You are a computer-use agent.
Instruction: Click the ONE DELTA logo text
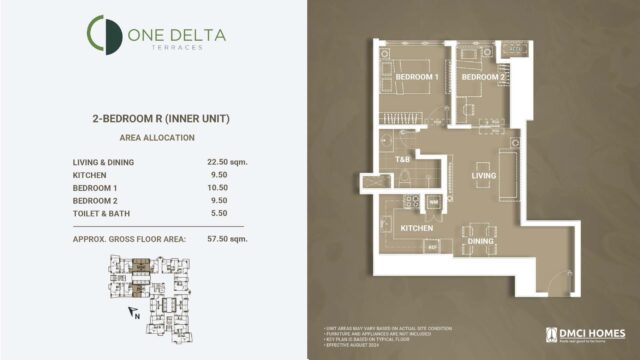point(176,36)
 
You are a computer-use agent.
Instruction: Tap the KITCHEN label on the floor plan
point(416,228)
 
